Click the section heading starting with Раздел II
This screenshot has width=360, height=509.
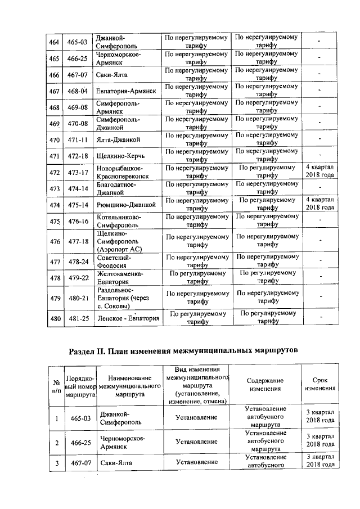coord(182,350)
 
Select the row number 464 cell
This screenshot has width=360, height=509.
coord(54,42)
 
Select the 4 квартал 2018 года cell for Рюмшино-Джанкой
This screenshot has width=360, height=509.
coord(319,204)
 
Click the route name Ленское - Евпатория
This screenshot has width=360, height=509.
coord(127,319)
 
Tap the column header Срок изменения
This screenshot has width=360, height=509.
coord(319,385)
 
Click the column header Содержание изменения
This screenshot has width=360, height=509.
coord(265,385)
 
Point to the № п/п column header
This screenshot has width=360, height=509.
coord(56,386)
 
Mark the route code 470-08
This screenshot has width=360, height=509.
coord(79,123)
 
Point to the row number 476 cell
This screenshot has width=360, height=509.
coord(54,241)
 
